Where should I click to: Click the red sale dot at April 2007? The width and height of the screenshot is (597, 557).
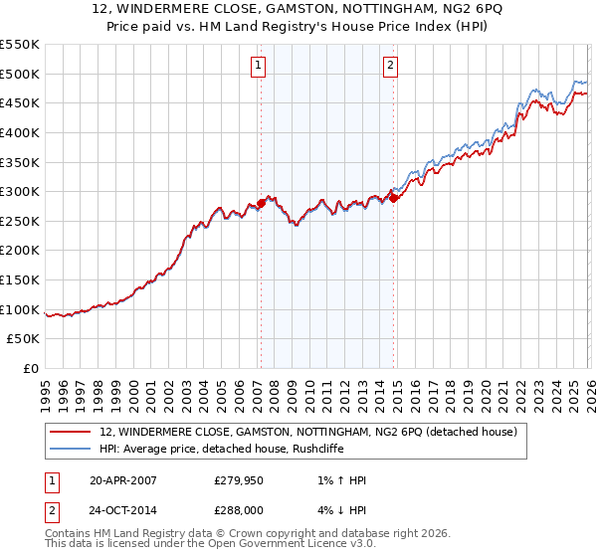(261, 203)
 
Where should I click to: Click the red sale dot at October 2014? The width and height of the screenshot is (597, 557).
(394, 198)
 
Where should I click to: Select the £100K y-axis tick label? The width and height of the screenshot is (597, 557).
(20, 309)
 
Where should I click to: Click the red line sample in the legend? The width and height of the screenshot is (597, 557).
(71, 433)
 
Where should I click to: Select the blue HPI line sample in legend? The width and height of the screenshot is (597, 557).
(71, 450)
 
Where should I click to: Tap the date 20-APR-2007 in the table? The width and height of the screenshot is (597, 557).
(122, 480)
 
